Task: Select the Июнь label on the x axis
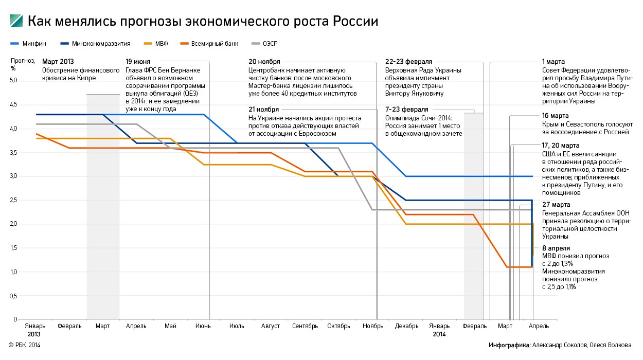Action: tap(203, 326)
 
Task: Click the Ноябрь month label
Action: tap(373, 326)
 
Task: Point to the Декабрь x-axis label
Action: tap(407, 326)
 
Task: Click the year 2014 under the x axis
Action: tap(439, 334)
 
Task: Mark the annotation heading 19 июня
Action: tap(138, 62)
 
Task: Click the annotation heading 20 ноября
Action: tap(265, 62)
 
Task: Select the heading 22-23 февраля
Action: tap(408, 62)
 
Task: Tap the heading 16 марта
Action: tap(555, 116)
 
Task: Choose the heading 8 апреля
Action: tap(556, 248)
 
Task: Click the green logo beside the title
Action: tap(16, 21)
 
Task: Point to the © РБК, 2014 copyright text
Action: tap(24, 345)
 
